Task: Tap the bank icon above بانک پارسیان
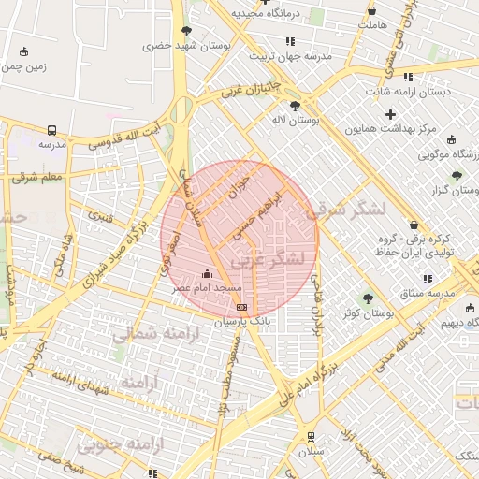(241, 306)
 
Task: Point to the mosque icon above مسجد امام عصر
(207, 274)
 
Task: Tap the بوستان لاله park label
(296, 121)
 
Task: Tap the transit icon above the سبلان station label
(311, 436)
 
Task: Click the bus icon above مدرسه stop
(52, 131)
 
